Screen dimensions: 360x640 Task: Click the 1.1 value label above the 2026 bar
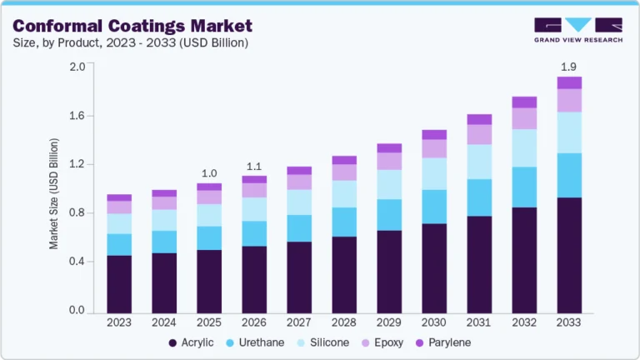254,165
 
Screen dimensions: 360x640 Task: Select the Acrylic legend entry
191,342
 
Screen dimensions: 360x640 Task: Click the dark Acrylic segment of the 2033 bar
569,255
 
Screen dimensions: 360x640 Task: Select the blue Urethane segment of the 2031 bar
479,197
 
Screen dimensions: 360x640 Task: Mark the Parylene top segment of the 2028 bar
344,160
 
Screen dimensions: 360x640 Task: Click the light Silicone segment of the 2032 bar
524,147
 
